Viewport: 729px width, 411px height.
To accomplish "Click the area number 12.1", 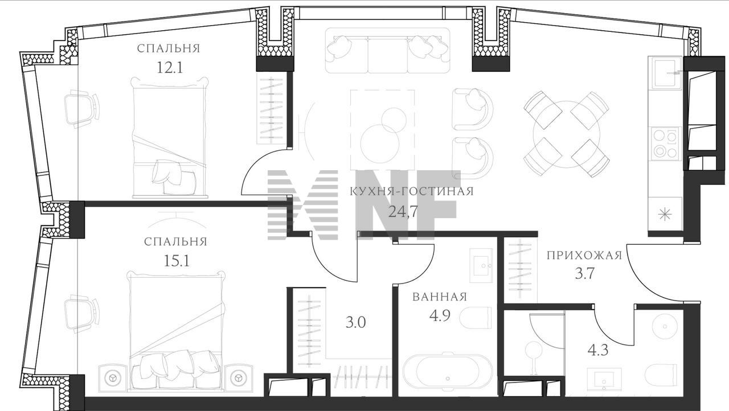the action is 170,68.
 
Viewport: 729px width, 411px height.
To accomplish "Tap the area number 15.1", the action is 177,261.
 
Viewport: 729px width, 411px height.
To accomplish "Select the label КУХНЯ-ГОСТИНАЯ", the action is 411,191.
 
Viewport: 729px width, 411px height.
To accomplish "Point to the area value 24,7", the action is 403,212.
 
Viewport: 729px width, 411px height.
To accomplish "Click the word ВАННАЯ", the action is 439,297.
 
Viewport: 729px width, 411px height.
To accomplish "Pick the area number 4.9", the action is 439,315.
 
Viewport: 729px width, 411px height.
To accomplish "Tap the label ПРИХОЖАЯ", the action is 584,255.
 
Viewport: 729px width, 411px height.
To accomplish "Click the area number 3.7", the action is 584,274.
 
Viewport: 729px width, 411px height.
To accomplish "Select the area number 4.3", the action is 598,351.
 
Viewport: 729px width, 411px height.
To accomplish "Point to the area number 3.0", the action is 356,323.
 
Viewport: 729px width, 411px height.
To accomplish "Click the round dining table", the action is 567,134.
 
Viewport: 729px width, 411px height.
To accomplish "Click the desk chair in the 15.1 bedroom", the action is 81,314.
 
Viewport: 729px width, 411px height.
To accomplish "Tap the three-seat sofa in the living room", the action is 388,51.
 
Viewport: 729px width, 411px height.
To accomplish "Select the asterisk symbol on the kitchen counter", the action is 665,215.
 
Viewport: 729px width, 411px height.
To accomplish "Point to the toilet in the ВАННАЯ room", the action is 477,318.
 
